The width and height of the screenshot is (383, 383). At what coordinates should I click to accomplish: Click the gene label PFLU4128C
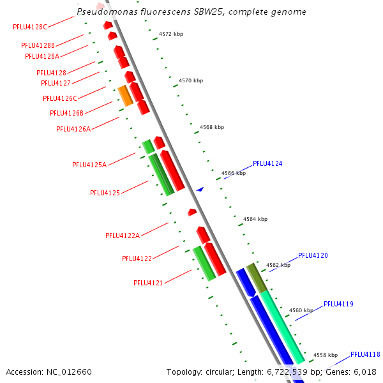[30, 27]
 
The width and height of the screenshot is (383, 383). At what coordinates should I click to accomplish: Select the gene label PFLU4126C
[60, 98]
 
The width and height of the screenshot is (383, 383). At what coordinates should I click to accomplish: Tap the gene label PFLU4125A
[89, 165]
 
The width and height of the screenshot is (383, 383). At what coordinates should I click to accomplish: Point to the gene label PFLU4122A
[123, 236]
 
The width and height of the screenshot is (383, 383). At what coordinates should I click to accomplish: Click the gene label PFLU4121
[148, 283]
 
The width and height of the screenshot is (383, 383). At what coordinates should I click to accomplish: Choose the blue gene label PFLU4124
[267, 164]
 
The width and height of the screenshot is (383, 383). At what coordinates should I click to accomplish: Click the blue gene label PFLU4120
[313, 256]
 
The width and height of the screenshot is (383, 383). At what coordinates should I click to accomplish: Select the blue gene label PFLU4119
[338, 304]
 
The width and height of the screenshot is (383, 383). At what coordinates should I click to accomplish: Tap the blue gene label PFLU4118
[365, 355]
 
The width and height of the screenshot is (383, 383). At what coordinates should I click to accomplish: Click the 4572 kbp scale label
[171, 34]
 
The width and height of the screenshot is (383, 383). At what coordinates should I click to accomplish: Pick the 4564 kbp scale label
[255, 219]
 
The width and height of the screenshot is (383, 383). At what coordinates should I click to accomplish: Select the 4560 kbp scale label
[301, 310]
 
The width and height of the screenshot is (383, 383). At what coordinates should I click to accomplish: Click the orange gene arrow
[126, 96]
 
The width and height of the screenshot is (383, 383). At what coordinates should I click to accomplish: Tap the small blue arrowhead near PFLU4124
[200, 189]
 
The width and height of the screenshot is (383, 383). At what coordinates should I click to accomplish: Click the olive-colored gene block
[256, 277]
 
